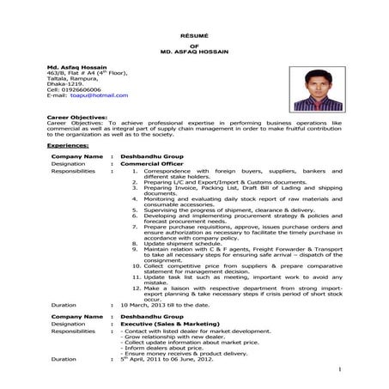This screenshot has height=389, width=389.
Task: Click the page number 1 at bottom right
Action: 340,369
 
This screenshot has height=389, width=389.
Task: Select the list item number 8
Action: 137,243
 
